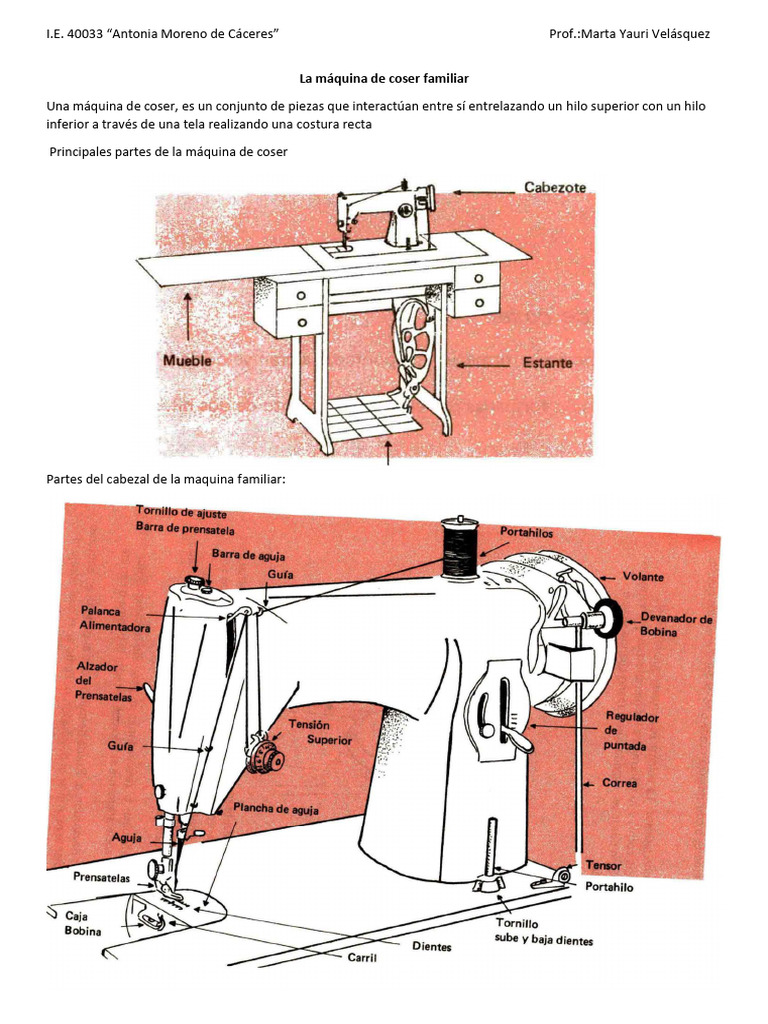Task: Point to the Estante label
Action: [x=547, y=364]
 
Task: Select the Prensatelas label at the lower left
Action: [x=102, y=877]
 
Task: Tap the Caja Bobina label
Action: [x=84, y=922]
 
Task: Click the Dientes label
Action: [x=431, y=946]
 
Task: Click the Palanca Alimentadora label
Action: [x=115, y=618]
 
